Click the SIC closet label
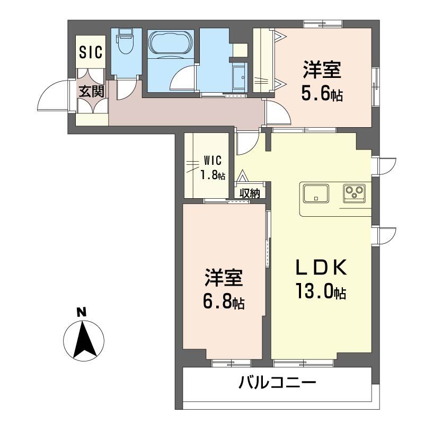pos(91,52)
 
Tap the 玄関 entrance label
pos(92,91)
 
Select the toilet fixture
pos(126,42)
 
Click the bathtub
pos(170,43)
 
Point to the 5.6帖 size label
pos(322,94)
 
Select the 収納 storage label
pos(249,193)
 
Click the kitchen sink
pos(315,193)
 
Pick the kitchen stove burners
pos(353,192)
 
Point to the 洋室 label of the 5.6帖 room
pos(322,70)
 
